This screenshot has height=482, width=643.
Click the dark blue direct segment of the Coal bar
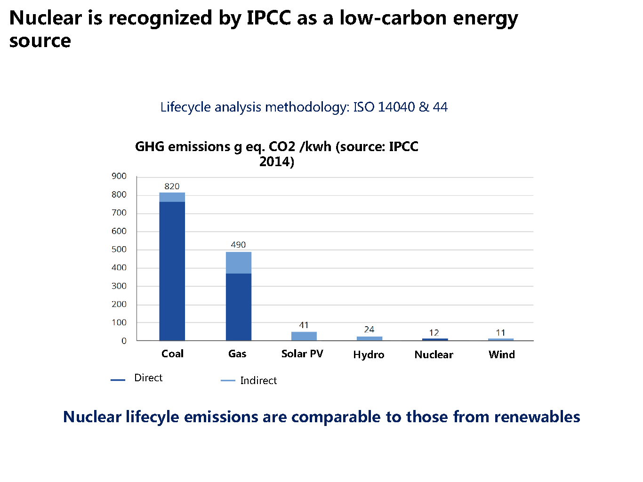tap(172, 271)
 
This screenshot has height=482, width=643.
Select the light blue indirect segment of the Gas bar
tap(238, 263)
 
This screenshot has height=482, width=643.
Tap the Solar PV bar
tap(304, 336)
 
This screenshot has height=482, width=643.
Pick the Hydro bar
tap(369, 338)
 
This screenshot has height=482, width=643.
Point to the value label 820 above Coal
tap(172, 186)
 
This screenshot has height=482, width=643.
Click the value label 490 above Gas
tap(238, 245)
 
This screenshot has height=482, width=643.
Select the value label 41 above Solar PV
tap(304, 325)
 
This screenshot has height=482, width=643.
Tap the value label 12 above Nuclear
tap(434, 333)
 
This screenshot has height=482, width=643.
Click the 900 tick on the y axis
tap(119, 176)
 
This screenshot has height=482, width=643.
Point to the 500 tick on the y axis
tap(119, 249)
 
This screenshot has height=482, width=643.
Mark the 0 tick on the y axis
tap(124, 341)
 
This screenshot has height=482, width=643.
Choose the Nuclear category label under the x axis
tap(434, 355)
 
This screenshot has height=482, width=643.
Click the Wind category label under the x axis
tap(501, 355)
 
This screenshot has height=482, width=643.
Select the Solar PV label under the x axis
tap(302, 354)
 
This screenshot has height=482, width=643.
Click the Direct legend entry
tap(148, 378)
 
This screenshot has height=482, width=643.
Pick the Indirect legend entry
tap(258, 381)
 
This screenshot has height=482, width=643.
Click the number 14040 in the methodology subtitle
tap(396, 107)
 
